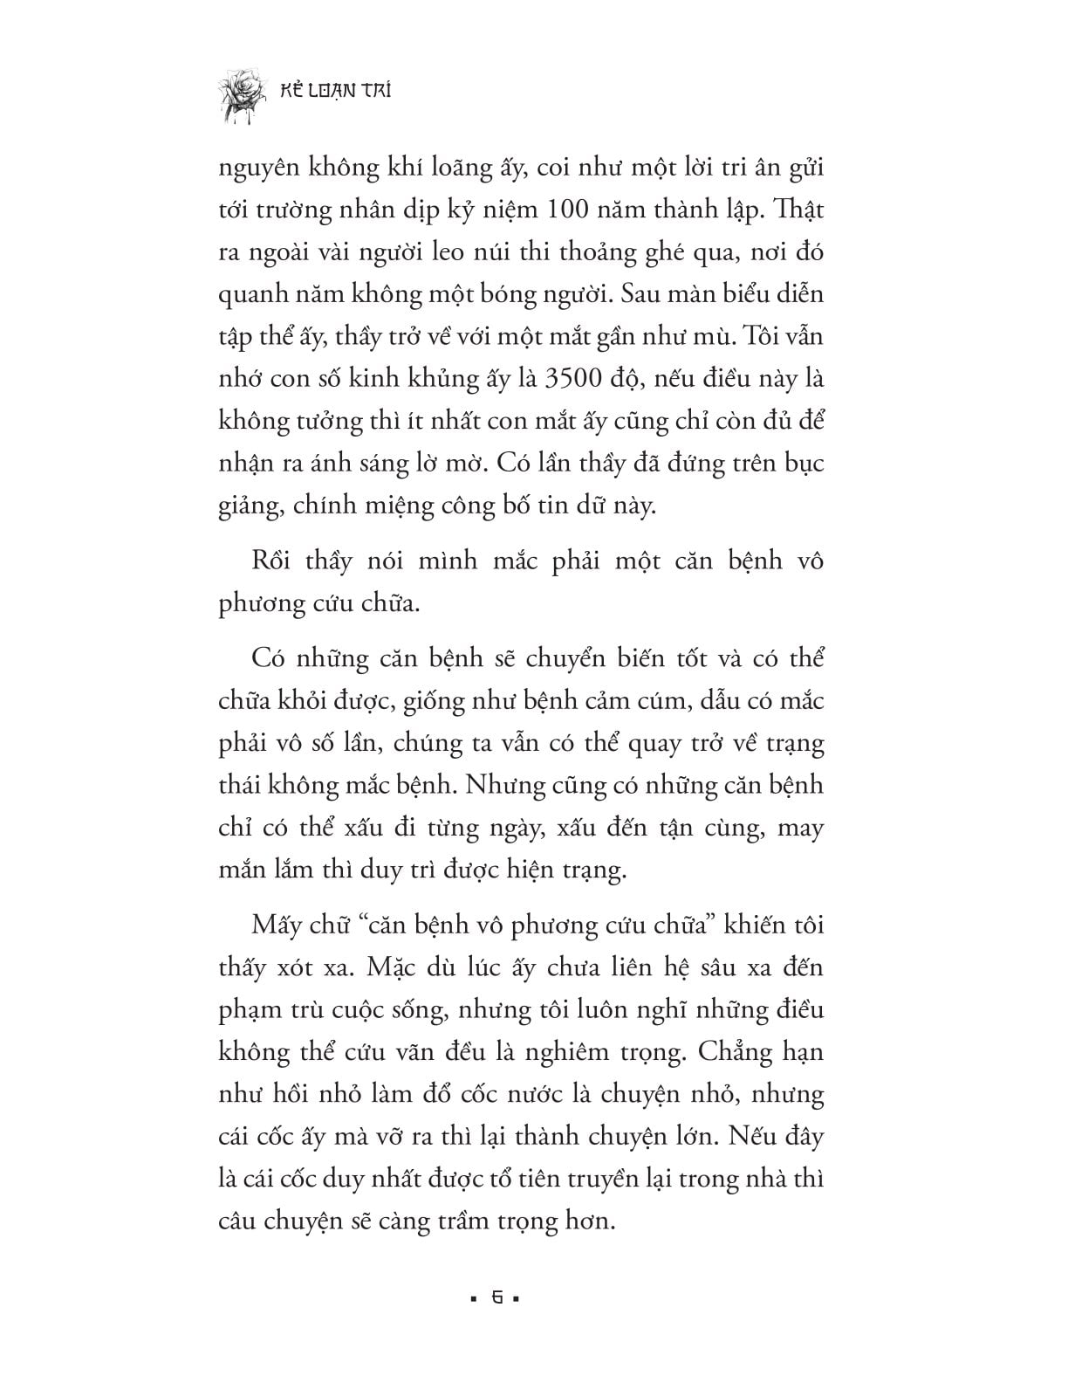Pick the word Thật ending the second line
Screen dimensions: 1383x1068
(798, 210)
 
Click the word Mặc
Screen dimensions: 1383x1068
(394, 967)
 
